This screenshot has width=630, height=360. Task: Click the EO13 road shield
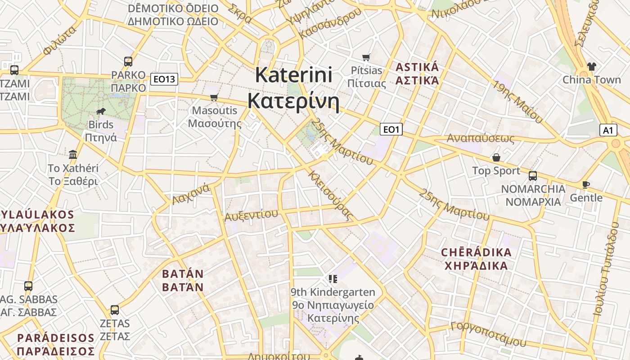[x=164, y=80]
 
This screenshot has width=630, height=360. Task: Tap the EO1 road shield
[x=391, y=130]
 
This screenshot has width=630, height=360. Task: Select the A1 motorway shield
[x=608, y=130]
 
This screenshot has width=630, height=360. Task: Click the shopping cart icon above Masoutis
[x=214, y=97]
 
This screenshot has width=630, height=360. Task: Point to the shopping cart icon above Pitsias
[x=366, y=57]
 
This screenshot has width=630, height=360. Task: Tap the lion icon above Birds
[x=100, y=111]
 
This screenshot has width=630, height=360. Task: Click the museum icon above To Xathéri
[x=73, y=155]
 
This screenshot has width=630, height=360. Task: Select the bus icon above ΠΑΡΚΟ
[x=128, y=62]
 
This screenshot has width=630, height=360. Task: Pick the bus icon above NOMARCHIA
[x=533, y=175]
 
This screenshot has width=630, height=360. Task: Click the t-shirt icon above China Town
[x=591, y=67]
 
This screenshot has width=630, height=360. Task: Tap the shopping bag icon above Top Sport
[x=496, y=157]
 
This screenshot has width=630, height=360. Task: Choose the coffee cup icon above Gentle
[x=585, y=184]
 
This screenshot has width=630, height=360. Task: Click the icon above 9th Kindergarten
[x=333, y=279]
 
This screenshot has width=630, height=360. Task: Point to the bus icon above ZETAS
[x=115, y=310]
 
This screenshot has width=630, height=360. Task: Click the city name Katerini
[x=294, y=75]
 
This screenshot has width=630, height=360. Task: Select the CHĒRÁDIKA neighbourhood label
[x=476, y=252]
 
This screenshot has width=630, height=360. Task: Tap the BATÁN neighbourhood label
[x=183, y=274]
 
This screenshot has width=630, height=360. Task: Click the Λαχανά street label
[x=191, y=194]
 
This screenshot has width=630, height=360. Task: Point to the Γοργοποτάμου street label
[x=488, y=333]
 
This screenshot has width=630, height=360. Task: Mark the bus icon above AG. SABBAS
[x=28, y=286]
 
